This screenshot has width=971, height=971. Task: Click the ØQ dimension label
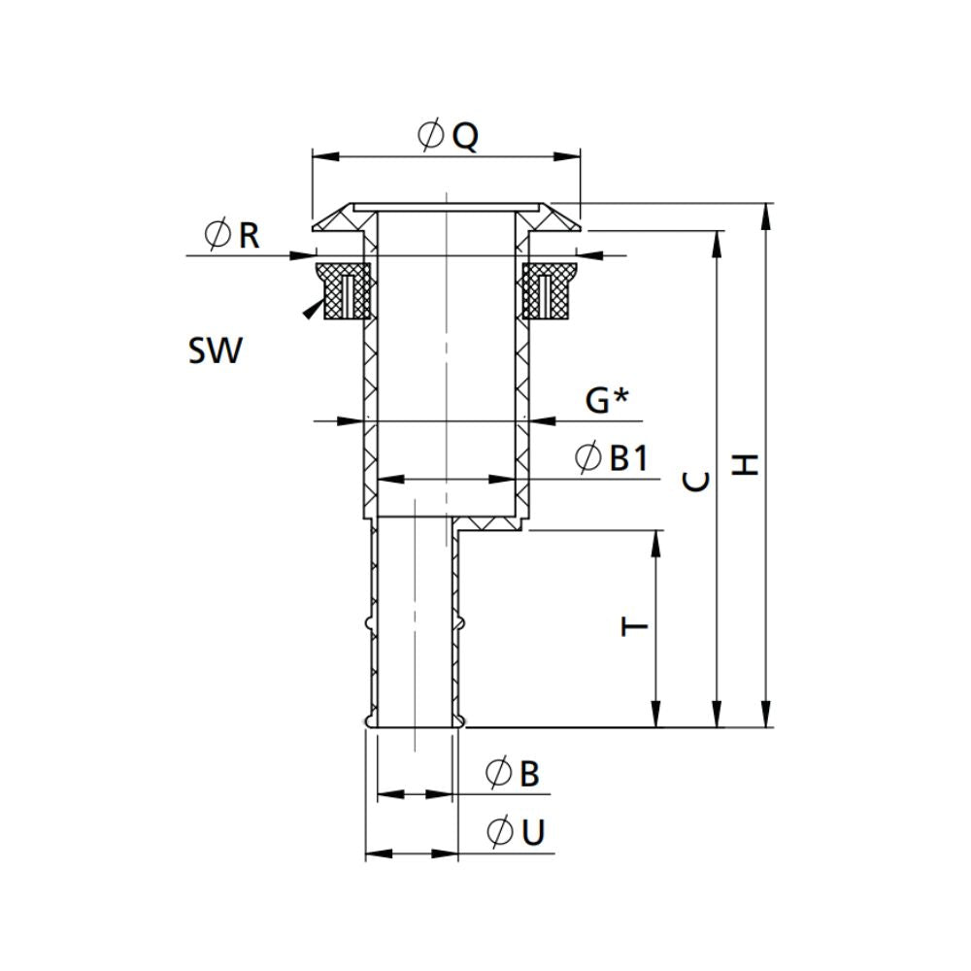(448, 136)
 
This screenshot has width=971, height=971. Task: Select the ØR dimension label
(232, 234)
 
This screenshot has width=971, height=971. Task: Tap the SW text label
(213, 351)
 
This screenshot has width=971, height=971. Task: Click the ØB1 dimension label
(611, 457)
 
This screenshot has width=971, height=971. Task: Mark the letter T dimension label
(634, 627)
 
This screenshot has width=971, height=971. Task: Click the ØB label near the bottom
(512, 774)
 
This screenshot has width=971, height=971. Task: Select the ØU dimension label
(515, 832)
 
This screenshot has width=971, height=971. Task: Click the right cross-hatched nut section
(548, 290)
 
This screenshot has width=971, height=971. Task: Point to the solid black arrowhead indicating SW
(310, 310)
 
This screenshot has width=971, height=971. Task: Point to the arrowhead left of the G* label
(542, 420)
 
